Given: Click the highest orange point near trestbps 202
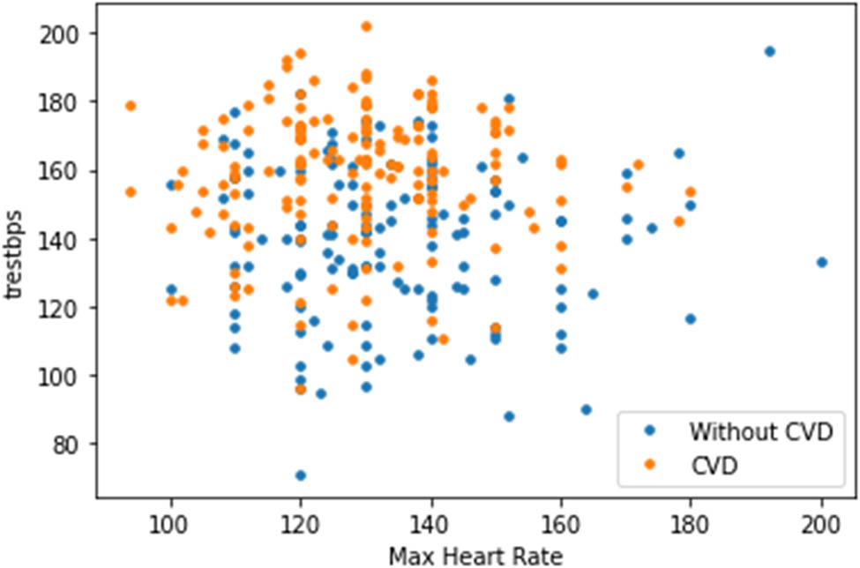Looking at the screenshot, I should click(366, 26).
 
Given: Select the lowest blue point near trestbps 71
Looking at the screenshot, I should click(301, 475).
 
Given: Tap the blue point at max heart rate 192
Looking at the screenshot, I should click(769, 51).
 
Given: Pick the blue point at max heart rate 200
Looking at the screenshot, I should click(822, 262).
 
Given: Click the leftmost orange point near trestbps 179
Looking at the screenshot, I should click(131, 106).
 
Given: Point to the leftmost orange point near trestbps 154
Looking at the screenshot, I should click(131, 192).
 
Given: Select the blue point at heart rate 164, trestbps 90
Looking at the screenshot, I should click(587, 410).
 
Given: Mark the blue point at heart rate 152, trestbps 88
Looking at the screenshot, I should click(508, 416).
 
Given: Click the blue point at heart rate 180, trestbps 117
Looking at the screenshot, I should click(691, 318).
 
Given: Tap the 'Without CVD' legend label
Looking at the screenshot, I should click(760, 432).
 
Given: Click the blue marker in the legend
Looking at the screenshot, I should click(650, 432).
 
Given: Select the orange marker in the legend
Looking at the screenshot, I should click(650, 464).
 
